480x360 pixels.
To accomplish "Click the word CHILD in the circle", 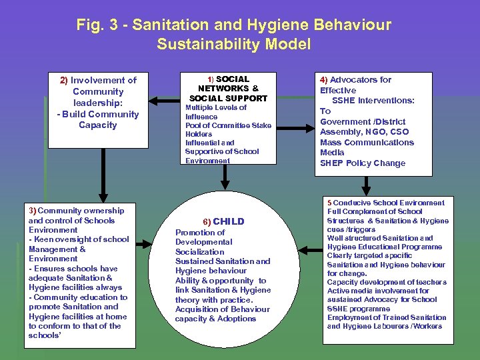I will pyautogui.click(x=229, y=221).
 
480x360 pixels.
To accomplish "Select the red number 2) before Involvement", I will pyautogui.click(x=64, y=80).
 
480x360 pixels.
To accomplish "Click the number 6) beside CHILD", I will pyautogui.click(x=206, y=221).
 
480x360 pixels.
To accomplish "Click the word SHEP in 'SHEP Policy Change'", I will pyautogui.click(x=331, y=163).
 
